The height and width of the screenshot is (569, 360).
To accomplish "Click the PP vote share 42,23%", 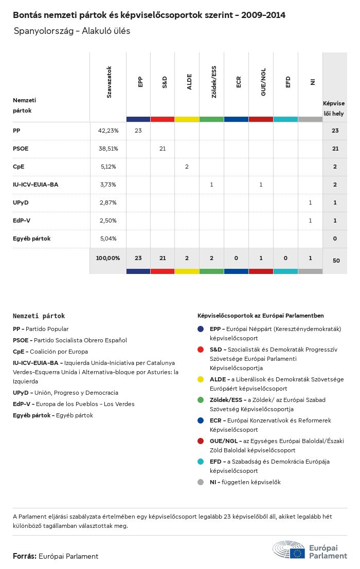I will pyautogui.click(x=108, y=131).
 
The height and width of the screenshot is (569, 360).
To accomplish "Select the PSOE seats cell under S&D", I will pyautogui.click(x=163, y=149).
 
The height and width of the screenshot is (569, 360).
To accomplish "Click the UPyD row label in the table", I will pyautogui.click(x=21, y=203).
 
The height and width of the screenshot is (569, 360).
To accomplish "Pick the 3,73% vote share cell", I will pyautogui.click(x=108, y=185).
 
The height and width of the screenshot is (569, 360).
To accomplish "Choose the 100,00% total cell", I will pyautogui.click(x=108, y=258).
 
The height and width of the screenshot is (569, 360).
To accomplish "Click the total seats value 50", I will pyautogui.click(x=336, y=261).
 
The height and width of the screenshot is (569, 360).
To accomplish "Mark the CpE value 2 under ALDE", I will pyautogui.click(x=187, y=167).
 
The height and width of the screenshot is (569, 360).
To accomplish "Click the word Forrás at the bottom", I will pyautogui.click(x=24, y=556).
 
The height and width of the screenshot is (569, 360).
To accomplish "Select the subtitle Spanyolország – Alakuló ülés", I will pyautogui.click(x=72, y=31).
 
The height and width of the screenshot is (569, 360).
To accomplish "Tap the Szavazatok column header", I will pyautogui.click(x=109, y=82).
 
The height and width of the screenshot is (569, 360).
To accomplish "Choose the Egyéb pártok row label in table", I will pyautogui.click(x=32, y=238).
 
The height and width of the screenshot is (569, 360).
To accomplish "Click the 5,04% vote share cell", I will pyautogui.click(x=108, y=238).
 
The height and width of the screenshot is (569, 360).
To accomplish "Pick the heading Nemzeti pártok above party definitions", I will pyautogui.click(x=39, y=316).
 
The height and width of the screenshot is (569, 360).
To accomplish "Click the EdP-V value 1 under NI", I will pyautogui.click(x=310, y=221).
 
